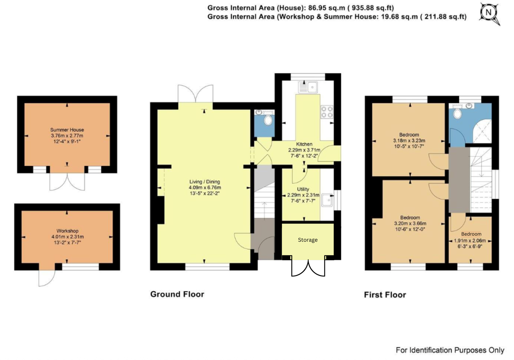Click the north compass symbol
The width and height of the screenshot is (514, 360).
pos(489,13)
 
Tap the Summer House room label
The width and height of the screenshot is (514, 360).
pos(67,130)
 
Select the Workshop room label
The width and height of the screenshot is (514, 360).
pos(67,231)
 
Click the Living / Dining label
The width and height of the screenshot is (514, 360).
pos(205,182)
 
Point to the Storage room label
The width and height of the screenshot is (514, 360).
pos(307,240)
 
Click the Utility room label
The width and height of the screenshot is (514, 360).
pos(303,189)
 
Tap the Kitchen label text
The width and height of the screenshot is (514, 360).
pos(304,144)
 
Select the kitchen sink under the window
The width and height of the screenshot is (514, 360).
pos(308,87)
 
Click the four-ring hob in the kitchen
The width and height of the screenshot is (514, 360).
pos(327,112)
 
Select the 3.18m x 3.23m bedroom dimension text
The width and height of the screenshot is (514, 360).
pos(409,141)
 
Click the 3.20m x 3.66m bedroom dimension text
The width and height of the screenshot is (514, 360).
pos(410,223)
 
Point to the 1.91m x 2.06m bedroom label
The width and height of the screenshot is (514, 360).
pos(471,234)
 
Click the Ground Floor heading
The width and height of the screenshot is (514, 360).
pos(177,294)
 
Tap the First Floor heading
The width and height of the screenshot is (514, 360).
pos(385,294)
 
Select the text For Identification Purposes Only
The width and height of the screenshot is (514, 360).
pos(449,350)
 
